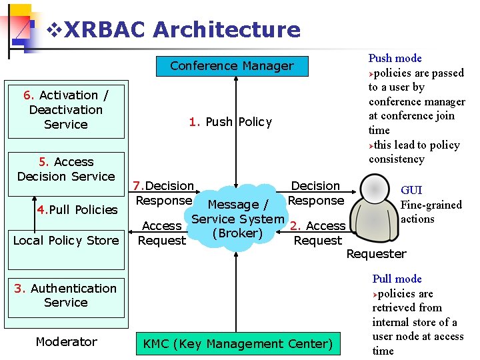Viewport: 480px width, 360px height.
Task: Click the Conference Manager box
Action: click(231, 66)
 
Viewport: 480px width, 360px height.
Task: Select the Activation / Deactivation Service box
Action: click(66, 110)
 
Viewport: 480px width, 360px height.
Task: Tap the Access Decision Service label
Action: click(66, 169)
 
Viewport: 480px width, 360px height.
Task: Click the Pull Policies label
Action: click(77, 210)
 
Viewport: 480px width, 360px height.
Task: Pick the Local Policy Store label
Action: click(66, 241)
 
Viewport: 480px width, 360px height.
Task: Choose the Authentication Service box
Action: click(66, 295)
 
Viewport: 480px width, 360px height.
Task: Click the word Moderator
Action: click(66, 342)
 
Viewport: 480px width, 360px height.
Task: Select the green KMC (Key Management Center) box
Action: click(237, 344)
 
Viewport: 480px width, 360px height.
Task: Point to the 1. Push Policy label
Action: click(231, 122)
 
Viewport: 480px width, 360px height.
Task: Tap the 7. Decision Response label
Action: click(164, 193)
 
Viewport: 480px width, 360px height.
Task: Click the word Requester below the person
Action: click(376, 254)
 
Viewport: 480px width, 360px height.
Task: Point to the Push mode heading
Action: click(395, 59)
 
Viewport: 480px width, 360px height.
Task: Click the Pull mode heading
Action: click(397, 279)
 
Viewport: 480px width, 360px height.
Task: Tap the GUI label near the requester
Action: click(411, 191)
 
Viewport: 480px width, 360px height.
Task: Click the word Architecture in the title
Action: click(227, 29)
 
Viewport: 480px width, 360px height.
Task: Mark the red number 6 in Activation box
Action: click(26, 95)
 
